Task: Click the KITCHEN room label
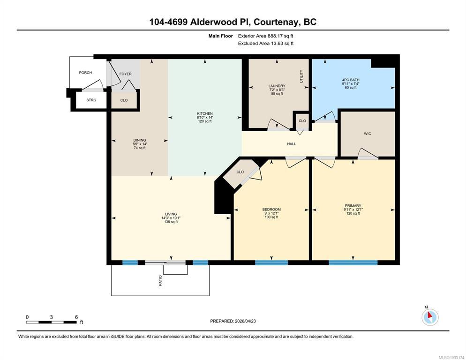[x=205, y=113]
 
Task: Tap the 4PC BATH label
[x=351, y=80]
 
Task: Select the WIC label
[x=368, y=134]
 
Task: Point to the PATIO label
[x=160, y=281]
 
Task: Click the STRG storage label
[x=91, y=100]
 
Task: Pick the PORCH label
[x=85, y=73]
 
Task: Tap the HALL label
[x=292, y=144]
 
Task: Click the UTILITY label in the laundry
[x=301, y=76]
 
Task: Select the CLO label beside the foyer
[x=124, y=100]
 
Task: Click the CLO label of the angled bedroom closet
[x=240, y=172]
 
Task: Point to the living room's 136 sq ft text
[x=171, y=222]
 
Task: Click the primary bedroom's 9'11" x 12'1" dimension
[x=353, y=210]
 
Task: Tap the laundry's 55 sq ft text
[x=277, y=94]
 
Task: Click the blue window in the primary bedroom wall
[x=353, y=262]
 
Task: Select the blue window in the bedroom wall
[x=271, y=262]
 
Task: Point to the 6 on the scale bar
[x=76, y=317]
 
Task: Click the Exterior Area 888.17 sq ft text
[x=265, y=36]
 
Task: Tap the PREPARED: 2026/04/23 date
[x=233, y=321]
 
